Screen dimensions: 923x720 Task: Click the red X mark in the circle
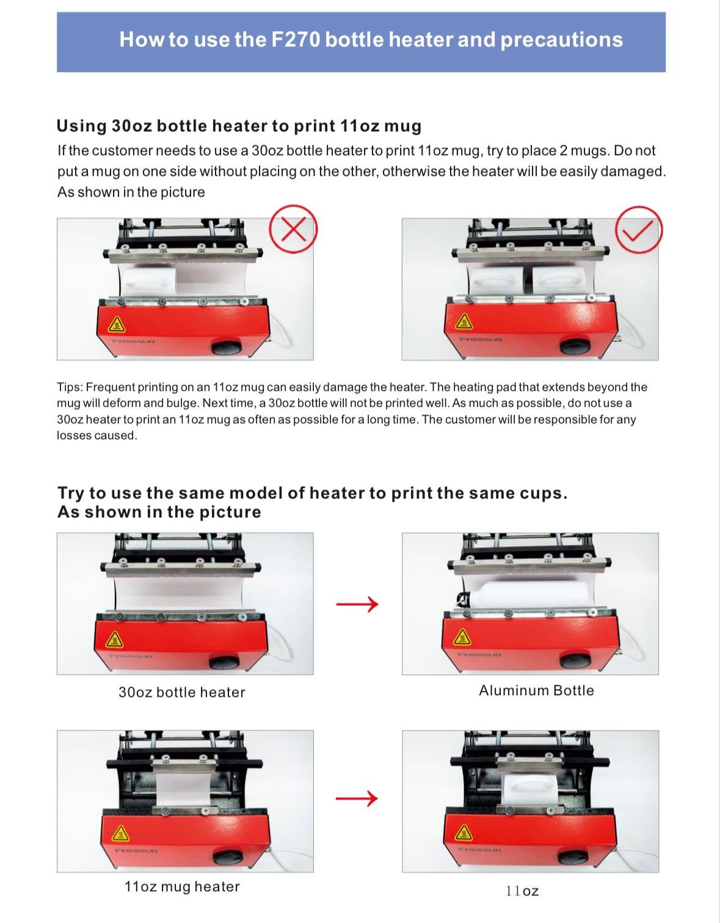294,230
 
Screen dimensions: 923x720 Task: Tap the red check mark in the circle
639,230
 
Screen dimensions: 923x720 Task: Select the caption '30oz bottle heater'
182,692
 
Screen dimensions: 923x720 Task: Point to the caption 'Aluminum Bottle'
536,690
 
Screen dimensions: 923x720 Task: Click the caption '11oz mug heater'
182,886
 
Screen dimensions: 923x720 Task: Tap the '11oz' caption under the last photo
522,891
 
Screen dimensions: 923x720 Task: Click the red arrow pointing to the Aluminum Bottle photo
358,605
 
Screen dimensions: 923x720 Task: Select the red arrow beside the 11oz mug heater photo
357,798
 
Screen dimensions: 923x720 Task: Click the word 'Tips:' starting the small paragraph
70,387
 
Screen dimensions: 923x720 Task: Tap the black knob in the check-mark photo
573,345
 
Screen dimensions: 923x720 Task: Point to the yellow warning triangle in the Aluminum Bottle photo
462,637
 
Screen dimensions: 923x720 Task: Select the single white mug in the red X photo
149,281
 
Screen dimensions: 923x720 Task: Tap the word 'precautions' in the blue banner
561,40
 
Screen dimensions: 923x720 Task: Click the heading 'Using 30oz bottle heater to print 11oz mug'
239,126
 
